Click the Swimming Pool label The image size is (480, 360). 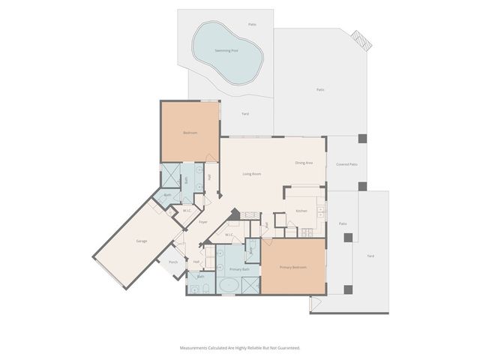click(x=226, y=50)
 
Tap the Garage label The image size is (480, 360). click(x=141, y=241)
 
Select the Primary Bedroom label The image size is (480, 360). click(x=292, y=267)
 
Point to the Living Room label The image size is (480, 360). click(x=251, y=174)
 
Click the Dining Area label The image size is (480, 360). click(x=304, y=162)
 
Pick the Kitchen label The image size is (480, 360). click(x=301, y=211)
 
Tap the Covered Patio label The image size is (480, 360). click(x=346, y=163)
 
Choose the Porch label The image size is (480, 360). click(x=173, y=262)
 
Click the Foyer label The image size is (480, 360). click(x=202, y=222)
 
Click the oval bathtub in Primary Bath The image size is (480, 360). click(x=228, y=285)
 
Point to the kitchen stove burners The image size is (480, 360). click(x=321, y=211)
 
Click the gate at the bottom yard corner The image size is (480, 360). click(x=315, y=304)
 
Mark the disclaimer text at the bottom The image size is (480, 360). click(x=240, y=348)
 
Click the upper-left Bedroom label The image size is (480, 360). click(x=190, y=133)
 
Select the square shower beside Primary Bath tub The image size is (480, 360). click(x=250, y=285)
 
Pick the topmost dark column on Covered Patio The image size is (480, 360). click(x=362, y=139)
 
